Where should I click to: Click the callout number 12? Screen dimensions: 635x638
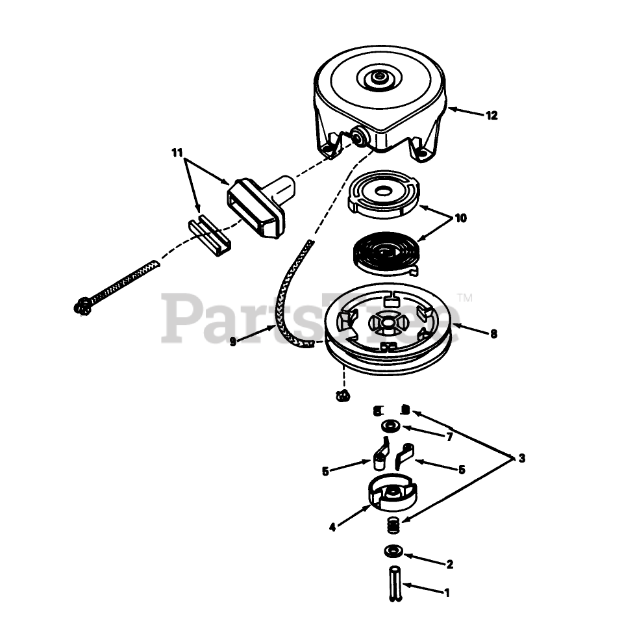click(491, 116)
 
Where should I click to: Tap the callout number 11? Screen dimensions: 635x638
click(177, 153)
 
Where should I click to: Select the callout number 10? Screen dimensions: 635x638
click(460, 218)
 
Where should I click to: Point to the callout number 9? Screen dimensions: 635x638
click(232, 342)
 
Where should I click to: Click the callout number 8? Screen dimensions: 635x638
click(493, 334)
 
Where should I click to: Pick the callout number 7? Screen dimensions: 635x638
click(449, 437)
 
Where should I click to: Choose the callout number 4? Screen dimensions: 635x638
click(332, 528)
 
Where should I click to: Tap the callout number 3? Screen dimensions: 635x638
click(522, 458)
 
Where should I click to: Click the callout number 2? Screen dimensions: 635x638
click(449, 565)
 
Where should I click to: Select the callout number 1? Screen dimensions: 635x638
click(447, 593)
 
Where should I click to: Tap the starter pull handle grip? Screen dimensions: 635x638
click(259, 206)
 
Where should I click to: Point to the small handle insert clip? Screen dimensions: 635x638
click(209, 236)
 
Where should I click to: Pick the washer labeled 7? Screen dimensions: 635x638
click(390, 426)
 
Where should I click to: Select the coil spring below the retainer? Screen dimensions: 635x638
click(393, 525)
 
